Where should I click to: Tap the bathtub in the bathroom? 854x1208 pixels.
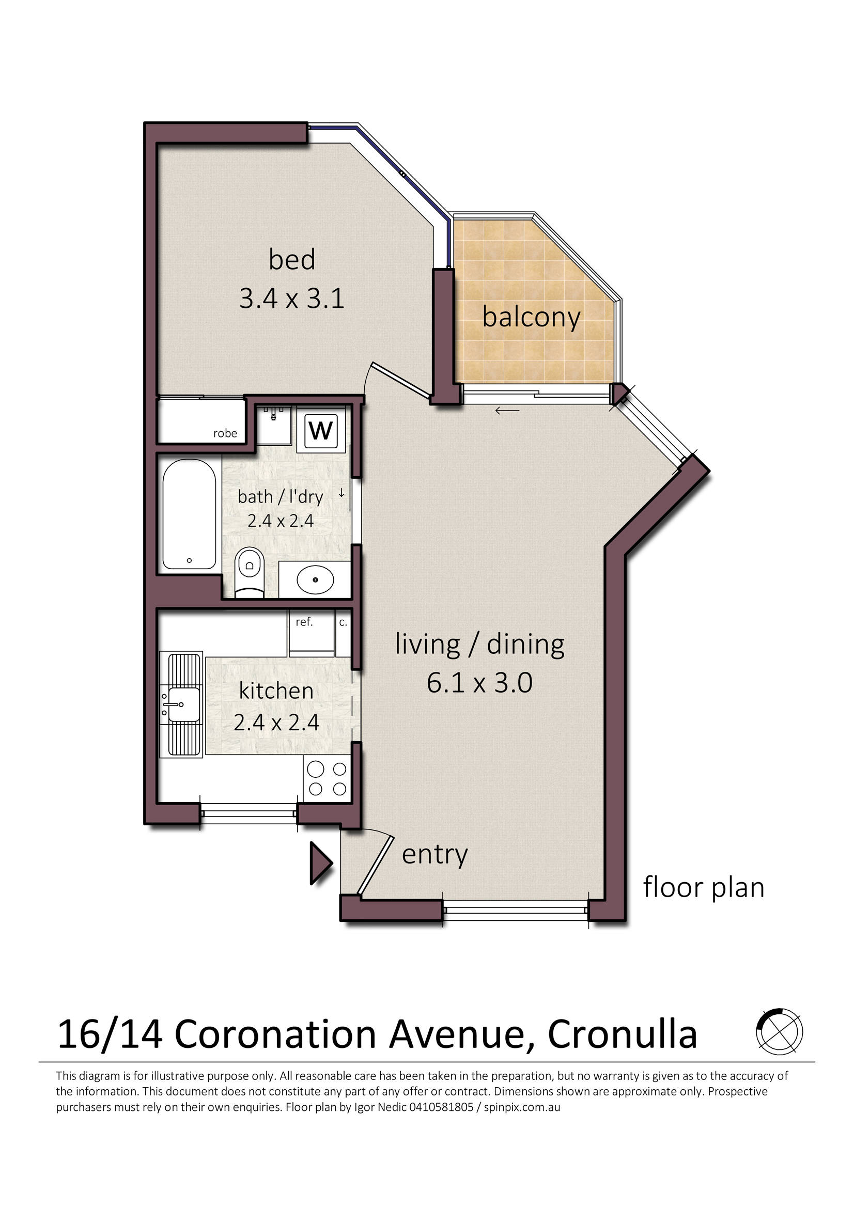coord(189,514)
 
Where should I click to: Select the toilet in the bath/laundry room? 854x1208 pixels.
coord(250,572)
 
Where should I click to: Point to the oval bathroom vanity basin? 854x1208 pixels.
coord(315,579)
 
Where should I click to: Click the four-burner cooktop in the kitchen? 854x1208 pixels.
coord(327,779)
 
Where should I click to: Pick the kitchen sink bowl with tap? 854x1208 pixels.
coord(180,704)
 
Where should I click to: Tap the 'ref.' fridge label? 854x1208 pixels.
coord(304,622)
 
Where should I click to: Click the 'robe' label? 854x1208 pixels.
coord(225,433)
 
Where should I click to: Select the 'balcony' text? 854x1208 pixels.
coord(532,317)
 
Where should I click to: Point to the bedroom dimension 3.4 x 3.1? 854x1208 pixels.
coord(291,299)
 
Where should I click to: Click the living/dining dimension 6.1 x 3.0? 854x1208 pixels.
coord(479,682)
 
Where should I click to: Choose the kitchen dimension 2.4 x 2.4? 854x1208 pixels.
coord(276,723)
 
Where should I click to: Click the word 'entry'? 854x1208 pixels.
coord(434,855)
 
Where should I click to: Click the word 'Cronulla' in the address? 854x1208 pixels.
coord(623,1035)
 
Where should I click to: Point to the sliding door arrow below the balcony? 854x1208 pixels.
coord(507,411)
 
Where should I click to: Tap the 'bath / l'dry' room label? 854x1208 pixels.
coord(281,497)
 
